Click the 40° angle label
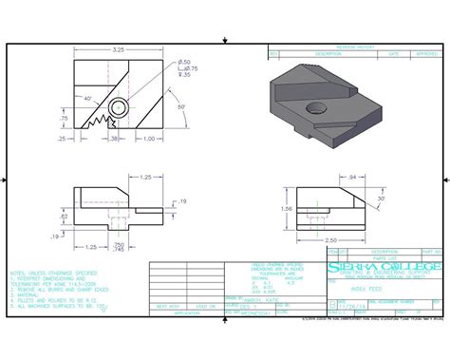tap(87, 98)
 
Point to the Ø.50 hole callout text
tap(184, 62)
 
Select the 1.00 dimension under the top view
tap(147, 139)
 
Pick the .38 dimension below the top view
tap(114, 139)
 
